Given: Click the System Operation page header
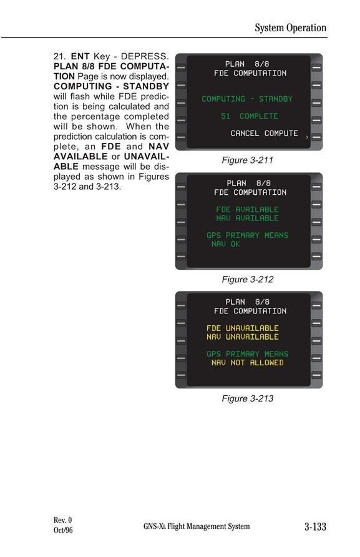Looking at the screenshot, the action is (290, 27).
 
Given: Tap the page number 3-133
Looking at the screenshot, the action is (315, 526).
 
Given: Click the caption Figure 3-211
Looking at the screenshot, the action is (248, 160).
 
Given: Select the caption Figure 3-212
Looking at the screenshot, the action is (248, 279).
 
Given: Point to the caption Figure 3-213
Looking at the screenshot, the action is (248, 398).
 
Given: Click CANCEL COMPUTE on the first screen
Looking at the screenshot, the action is (264, 133).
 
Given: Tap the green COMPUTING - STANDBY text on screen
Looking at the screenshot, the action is (247, 99).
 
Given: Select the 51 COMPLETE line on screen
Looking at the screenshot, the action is (249, 116).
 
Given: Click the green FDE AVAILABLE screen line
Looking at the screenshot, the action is (248, 210).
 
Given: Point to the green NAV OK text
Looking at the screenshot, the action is (225, 244).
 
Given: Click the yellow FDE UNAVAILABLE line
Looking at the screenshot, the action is (243, 328).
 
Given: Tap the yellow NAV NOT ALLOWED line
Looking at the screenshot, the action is (248, 363).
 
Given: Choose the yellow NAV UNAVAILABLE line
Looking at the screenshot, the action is (243, 337).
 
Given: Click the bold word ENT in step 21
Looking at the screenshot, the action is (80, 56).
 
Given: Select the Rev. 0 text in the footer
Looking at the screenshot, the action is (63, 520).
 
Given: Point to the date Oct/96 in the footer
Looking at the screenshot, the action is (63, 530).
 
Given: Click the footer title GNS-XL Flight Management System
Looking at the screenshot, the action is (197, 526).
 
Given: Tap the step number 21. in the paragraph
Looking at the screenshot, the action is (60, 56).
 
